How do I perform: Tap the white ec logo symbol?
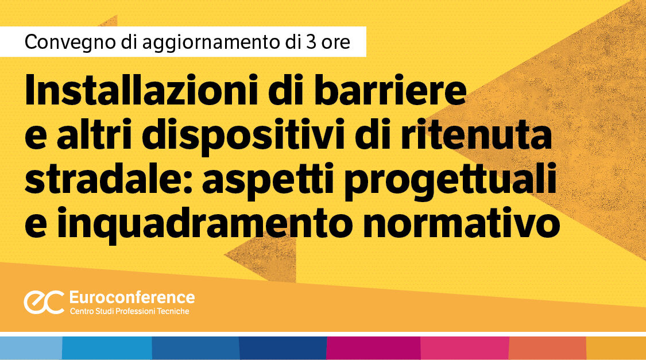click(44, 303)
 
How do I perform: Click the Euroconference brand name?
click(131, 297)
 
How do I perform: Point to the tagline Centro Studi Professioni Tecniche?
click(129, 311)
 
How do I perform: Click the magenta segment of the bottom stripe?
click(373, 348)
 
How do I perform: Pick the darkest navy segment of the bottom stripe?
click(283, 348)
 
